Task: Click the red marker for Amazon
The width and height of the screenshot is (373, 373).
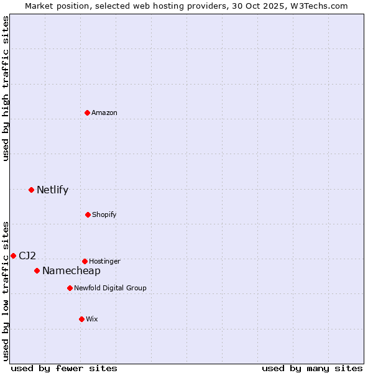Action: pos(88,113)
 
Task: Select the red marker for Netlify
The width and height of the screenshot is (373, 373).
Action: pos(31,190)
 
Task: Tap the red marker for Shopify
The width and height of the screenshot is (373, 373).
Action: pos(88,214)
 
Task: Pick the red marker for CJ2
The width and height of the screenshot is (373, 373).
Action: pos(13,256)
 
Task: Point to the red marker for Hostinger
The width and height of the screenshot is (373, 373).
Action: pos(85,261)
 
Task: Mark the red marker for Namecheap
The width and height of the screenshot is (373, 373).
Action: pos(37,270)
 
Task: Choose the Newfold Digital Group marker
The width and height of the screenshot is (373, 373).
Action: pos(70,288)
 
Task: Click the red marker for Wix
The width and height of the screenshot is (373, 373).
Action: pos(81,319)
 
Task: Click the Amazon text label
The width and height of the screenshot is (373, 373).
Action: pos(104,113)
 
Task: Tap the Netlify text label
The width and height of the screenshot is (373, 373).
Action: pos(52,190)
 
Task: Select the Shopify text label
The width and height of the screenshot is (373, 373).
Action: pos(104,214)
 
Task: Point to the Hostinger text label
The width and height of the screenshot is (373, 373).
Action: pos(104,261)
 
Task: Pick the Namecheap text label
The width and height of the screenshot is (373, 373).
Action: pos(71,270)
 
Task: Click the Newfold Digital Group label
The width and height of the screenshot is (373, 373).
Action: pos(110,288)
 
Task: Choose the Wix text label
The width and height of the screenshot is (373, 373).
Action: pos(92,319)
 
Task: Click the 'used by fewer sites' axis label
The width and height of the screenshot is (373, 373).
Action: pos(64,368)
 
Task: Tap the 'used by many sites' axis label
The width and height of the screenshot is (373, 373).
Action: pos(312,368)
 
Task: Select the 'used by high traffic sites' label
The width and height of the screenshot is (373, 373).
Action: pos(6,88)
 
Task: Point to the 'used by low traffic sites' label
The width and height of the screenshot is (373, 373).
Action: pos(6,291)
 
